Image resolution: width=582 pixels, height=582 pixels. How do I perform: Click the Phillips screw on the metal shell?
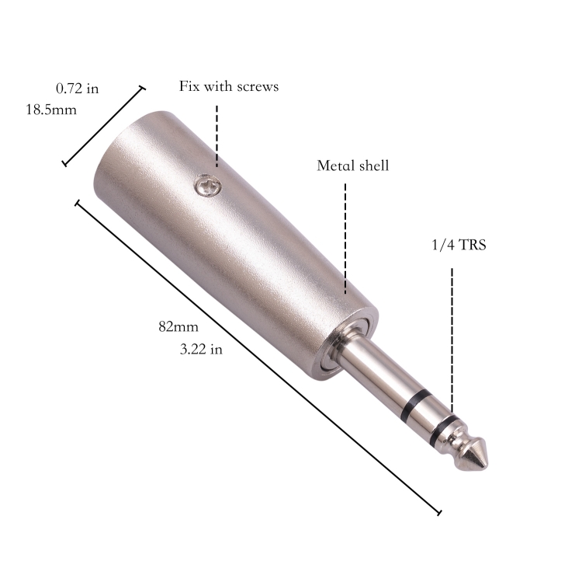coord(208,185)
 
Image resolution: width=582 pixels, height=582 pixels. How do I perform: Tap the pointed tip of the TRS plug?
coord(487,465)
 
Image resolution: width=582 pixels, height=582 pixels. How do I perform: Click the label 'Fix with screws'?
coord(229,86)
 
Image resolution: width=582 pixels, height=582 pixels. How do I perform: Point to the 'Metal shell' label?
coord(352,166)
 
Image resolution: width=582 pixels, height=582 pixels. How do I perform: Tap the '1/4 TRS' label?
coord(459,245)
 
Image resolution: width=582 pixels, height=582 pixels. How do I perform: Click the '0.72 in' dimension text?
coord(77,89)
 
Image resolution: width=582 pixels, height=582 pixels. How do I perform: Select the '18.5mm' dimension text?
coord(51,110)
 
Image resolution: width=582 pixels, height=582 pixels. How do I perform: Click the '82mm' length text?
coord(178,326)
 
